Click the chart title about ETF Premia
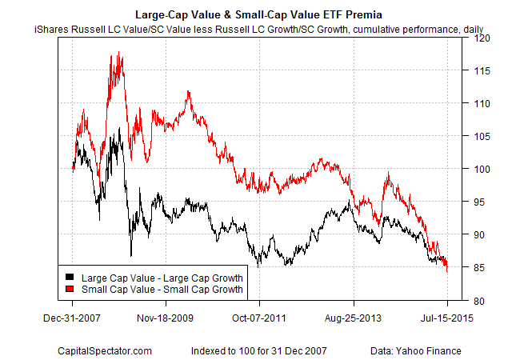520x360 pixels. (260, 14)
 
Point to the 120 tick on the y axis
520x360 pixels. (479, 37)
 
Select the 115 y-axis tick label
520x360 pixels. (479, 70)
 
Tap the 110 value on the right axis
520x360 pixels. (479, 103)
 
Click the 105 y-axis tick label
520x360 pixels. (479, 136)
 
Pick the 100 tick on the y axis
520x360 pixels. (479, 169)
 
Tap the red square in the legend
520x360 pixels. (69, 289)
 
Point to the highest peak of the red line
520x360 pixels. (118, 53)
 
